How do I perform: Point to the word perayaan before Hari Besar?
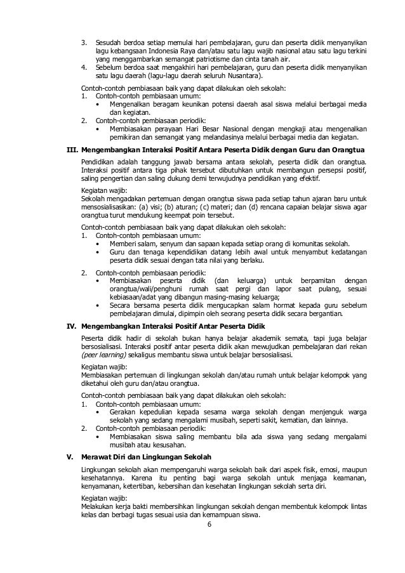pyautogui.click(x=165, y=129)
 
